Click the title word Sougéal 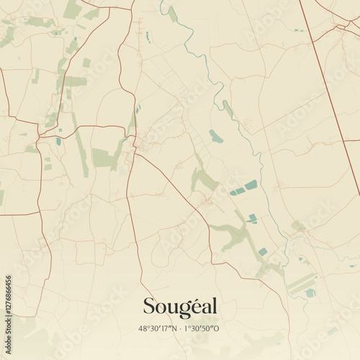click(180, 307)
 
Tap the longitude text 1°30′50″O click(204, 328)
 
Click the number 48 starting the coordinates click(143, 328)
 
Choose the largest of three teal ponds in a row click(251, 185)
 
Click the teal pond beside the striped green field click(310, 293)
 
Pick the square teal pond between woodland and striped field click(264, 251)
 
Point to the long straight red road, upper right click(328, 86)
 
